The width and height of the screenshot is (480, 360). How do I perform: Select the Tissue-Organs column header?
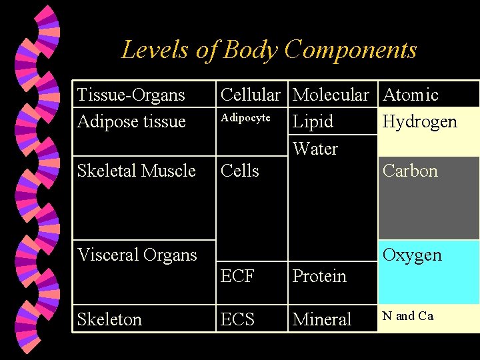tap(131, 95)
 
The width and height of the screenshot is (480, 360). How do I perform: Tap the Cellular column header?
tap(250, 95)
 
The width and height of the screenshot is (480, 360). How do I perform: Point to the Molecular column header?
tap(331, 95)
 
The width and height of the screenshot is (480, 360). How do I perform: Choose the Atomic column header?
tap(411, 95)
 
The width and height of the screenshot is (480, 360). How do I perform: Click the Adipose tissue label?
tap(131, 121)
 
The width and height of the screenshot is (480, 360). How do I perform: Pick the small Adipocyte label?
tap(245, 118)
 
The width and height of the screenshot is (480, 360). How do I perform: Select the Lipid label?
tap(313, 121)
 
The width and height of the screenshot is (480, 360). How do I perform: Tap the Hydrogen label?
tap(419, 121)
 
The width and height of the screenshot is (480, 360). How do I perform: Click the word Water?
tap(315, 149)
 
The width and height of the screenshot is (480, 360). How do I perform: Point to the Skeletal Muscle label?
tap(136, 171)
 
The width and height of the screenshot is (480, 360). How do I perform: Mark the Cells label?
tap(239, 171)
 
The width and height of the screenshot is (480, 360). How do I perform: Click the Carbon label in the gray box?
tap(410, 171)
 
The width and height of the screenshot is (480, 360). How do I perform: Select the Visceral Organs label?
tap(137, 255)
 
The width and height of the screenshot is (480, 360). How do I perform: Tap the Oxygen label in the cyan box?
tap(412, 255)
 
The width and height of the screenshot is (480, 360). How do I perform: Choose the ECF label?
tap(237, 276)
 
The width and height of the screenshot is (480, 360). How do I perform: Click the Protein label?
tap(319, 276)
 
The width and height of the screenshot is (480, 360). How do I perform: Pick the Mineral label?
tap(322, 319)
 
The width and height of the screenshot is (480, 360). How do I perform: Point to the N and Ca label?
tap(408, 316)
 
